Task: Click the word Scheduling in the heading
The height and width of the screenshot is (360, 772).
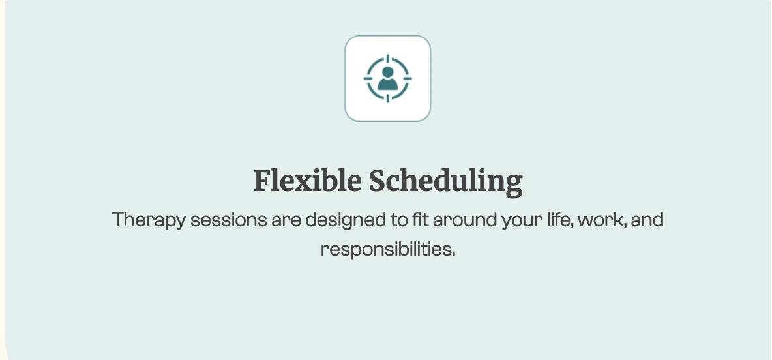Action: point(445,182)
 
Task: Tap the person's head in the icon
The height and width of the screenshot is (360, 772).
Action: point(387,72)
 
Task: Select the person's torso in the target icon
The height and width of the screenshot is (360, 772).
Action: point(387,85)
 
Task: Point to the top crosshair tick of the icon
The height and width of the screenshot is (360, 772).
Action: point(388,59)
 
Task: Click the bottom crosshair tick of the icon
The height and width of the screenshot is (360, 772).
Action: point(388,98)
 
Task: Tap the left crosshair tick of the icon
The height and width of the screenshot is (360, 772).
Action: point(368,78)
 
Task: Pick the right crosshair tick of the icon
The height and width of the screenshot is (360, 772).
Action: point(407,78)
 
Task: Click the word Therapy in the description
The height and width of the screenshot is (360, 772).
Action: point(149,220)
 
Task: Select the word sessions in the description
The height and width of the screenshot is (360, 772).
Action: point(228,220)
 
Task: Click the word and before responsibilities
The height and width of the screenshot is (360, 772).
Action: point(647,220)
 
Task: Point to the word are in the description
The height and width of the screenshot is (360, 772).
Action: point(286,221)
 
